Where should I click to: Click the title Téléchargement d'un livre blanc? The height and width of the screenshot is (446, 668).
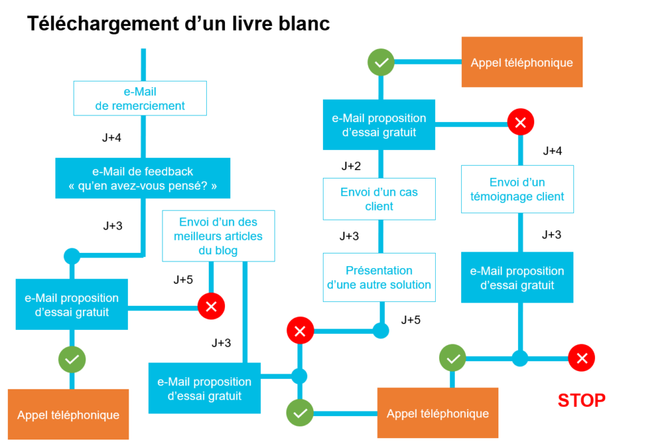click(178, 24)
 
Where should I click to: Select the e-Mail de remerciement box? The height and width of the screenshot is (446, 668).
click(140, 98)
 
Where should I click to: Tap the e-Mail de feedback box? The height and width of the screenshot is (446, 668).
click(143, 179)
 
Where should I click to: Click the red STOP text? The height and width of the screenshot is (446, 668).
click(581, 400)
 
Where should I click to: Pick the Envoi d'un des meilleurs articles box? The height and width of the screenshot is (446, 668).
click(219, 236)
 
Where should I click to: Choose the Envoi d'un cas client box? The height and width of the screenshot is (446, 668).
click(379, 200)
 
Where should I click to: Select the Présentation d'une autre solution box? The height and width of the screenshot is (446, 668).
click(379, 278)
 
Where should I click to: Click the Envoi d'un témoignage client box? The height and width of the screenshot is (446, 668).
click(517, 189)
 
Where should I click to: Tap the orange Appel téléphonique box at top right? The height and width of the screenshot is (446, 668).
click(522, 63)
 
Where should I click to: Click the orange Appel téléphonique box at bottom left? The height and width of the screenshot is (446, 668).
click(68, 415)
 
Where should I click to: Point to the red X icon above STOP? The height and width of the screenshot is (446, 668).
click(581, 358)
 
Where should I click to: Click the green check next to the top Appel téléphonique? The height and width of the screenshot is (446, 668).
click(381, 63)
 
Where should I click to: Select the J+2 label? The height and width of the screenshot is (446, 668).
click(351, 166)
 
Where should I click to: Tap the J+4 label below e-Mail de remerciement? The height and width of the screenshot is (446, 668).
click(112, 138)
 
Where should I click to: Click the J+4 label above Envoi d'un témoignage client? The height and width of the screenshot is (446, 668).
click(553, 151)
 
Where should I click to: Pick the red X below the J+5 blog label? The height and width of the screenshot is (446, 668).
click(211, 306)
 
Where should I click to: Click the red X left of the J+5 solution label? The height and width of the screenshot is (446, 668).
click(300, 331)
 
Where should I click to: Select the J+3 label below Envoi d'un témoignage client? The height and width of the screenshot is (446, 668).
click(551, 235)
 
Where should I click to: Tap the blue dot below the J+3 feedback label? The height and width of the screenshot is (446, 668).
click(72, 256)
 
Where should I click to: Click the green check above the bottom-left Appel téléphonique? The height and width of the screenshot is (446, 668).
click(72, 359)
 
